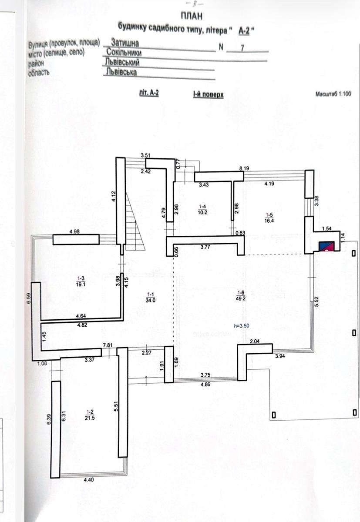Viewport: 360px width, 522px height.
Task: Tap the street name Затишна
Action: click(x=125, y=43)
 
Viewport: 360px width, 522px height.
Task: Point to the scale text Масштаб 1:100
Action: click(x=333, y=94)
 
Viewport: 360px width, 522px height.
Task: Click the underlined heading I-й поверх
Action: click(x=209, y=94)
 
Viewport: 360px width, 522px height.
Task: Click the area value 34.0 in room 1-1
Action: click(x=150, y=299)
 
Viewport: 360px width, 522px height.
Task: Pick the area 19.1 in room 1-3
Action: click(x=79, y=283)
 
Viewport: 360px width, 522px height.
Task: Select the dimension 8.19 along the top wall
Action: click(x=243, y=167)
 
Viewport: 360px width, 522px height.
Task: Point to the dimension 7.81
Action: click(x=108, y=345)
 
